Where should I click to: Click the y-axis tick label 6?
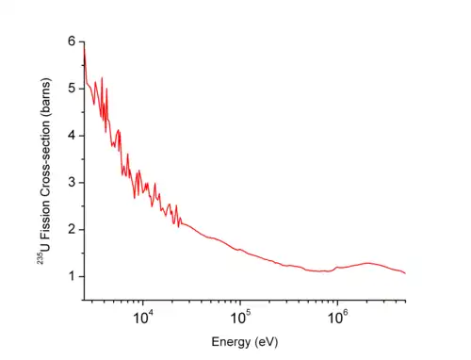[x=72, y=41]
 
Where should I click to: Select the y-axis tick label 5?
[x=72, y=89]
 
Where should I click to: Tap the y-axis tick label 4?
[x=72, y=136]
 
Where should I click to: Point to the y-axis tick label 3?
[x=72, y=182]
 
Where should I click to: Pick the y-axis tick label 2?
[x=72, y=229]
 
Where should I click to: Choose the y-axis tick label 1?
[x=73, y=276]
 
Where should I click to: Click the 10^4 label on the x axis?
[x=143, y=318]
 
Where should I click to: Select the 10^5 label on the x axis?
[x=241, y=318]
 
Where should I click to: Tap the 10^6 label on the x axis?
[x=338, y=318]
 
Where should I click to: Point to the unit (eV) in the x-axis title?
[x=267, y=342]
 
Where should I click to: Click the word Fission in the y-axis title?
[x=45, y=220]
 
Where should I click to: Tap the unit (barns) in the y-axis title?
[x=45, y=101]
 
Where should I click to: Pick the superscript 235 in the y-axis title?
[x=41, y=258]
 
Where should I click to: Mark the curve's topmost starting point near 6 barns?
[x=84, y=46]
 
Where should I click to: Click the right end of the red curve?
[x=405, y=273]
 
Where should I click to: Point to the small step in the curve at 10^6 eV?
[x=336, y=268]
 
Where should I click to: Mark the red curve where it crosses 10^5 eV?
[x=240, y=250]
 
